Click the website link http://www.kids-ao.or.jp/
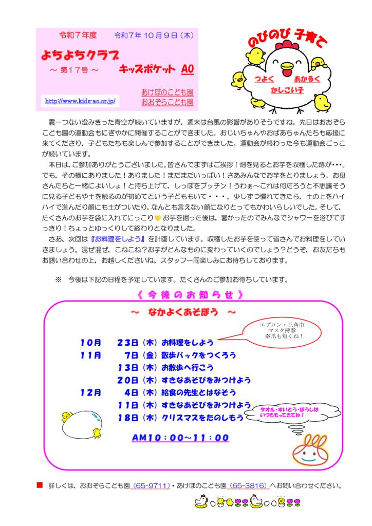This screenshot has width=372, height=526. [80, 101]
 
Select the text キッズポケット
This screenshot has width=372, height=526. [146, 69]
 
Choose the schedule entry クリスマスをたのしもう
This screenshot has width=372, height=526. [202, 418]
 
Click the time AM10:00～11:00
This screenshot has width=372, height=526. [180, 438]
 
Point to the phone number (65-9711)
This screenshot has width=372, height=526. [151, 485]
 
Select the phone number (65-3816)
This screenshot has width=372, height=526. [248, 485]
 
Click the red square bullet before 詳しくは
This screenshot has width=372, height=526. [39, 485]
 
